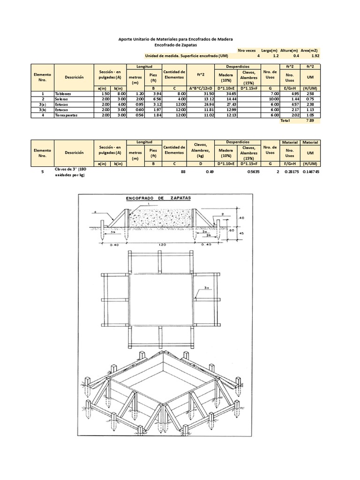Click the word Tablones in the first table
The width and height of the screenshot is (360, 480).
click(x=63, y=94)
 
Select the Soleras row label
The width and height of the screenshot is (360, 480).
click(x=62, y=99)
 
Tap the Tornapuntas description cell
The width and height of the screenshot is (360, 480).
click(x=66, y=115)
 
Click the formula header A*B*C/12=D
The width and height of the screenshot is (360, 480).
click(x=201, y=88)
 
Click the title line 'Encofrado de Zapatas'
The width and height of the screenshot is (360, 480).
click(x=176, y=45)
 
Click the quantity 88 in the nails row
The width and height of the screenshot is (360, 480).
click(x=183, y=172)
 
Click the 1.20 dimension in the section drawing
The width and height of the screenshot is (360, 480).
click(x=162, y=245)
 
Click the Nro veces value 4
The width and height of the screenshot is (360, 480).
click(x=258, y=55)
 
